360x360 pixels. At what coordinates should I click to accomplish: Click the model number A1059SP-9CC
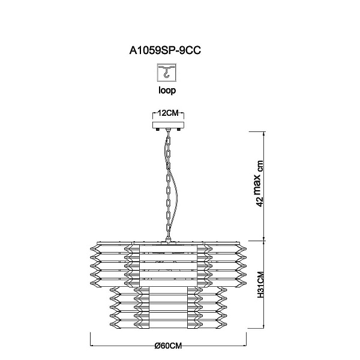click(165, 50)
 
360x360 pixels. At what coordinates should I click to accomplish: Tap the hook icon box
click(167, 72)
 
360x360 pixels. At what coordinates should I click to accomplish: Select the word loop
click(167, 91)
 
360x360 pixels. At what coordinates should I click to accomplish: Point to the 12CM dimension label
click(168, 113)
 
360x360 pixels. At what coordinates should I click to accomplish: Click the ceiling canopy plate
click(168, 125)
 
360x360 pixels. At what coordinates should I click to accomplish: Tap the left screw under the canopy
click(158, 129)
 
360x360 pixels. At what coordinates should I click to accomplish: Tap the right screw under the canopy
click(178, 129)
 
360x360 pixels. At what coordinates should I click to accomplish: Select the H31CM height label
click(260, 284)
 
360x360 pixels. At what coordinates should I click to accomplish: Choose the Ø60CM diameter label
click(168, 346)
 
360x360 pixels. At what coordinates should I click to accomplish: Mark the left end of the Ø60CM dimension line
click(90, 345)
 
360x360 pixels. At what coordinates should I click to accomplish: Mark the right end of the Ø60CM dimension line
click(247, 345)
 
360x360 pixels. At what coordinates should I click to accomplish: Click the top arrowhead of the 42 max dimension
click(264, 133)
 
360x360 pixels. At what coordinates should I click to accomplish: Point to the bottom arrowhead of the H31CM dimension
click(264, 326)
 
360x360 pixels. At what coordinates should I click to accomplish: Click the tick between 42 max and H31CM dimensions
click(264, 241)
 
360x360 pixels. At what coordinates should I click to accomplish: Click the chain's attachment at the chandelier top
click(169, 239)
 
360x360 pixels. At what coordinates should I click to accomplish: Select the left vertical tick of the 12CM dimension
click(153, 116)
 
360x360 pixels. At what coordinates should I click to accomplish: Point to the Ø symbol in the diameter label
click(157, 346)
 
